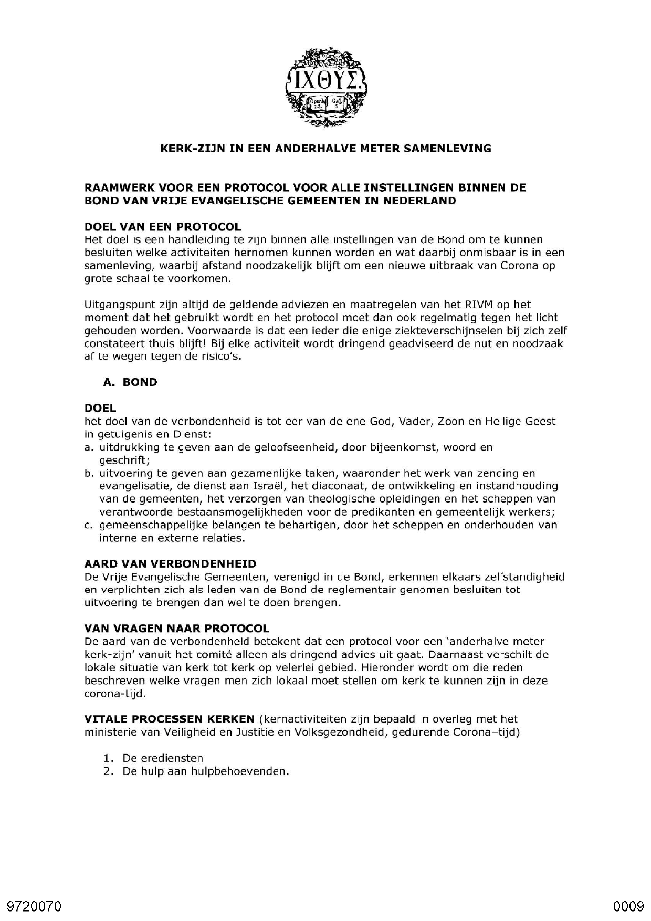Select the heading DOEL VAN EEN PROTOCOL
tap(163, 227)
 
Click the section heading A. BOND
tap(130, 382)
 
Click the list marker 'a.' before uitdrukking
tap(89, 447)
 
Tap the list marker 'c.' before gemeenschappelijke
tap(89, 525)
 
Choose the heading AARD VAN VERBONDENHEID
tap(170, 564)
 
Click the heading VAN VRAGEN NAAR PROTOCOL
tap(176, 629)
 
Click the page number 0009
tap(628, 906)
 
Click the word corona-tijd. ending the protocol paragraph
tap(115, 694)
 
